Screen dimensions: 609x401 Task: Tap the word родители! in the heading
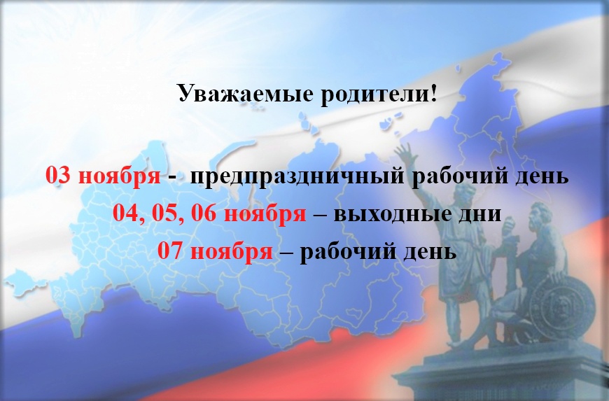click(379, 94)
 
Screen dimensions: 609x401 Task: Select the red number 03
click(58, 175)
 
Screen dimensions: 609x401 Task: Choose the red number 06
click(204, 213)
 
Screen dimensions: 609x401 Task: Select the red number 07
click(169, 251)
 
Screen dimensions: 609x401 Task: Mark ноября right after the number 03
click(120, 176)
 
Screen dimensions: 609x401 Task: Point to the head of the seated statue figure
click(540, 213)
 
